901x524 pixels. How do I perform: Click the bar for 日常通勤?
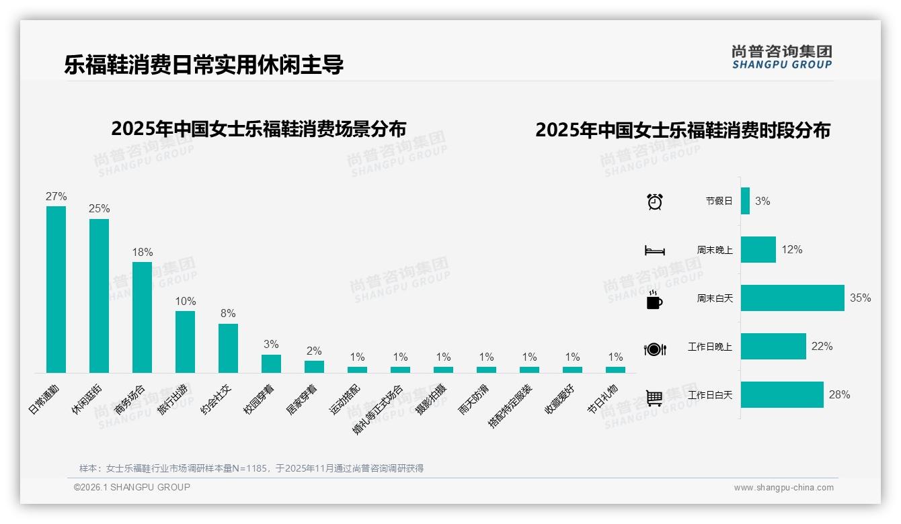click(56, 290)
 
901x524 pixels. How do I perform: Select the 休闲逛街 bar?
click(99, 296)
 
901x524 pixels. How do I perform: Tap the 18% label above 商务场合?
click(142, 252)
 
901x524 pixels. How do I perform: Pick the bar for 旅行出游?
click(185, 341)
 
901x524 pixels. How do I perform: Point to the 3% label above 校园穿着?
click(271, 344)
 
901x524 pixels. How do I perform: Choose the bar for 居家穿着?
click(314, 366)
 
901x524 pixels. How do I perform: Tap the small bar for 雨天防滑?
click(486, 369)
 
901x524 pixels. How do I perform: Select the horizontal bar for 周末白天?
click(792, 298)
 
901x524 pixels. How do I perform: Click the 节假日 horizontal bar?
click(745, 201)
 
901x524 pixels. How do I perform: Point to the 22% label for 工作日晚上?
click(822, 347)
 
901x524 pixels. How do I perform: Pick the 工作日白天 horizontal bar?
click(782, 395)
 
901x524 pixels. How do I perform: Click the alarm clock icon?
click(654, 202)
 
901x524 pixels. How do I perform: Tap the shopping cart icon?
click(654, 398)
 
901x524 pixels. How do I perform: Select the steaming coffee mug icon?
click(654, 300)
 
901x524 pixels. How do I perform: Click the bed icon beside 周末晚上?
click(654, 251)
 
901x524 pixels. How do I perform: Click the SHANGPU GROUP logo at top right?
click(781, 57)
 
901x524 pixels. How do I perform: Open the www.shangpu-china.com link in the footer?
click(783, 488)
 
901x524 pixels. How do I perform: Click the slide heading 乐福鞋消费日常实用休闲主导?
click(204, 64)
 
